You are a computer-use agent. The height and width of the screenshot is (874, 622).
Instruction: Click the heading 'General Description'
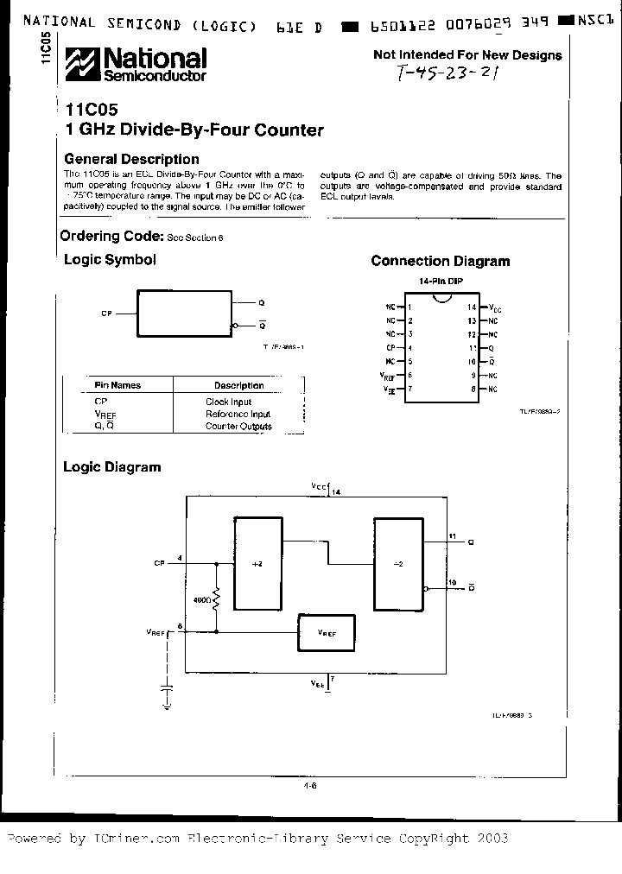[131, 159]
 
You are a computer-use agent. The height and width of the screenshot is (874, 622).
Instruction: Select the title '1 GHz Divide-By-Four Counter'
[194, 130]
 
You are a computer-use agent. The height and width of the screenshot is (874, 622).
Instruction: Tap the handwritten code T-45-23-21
[448, 73]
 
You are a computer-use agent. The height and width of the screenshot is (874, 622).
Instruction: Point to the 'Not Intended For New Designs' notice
[466, 54]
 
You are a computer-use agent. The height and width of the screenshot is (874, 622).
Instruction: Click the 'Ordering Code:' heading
[111, 236]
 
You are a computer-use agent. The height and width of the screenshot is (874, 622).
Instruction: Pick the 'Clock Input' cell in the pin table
[228, 402]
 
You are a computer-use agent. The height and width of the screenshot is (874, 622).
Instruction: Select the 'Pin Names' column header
[117, 385]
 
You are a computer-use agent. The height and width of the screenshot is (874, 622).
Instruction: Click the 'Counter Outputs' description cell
[238, 426]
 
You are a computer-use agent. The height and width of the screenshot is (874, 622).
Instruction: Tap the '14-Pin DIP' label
[439, 282]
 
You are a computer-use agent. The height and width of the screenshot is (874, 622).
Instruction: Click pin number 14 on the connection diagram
[472, 307]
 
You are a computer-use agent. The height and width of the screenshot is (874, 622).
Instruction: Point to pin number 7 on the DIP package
[409, 389]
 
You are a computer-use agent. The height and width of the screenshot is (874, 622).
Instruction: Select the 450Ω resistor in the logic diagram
[216, 598]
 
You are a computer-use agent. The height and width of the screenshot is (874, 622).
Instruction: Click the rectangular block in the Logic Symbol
[184, 313]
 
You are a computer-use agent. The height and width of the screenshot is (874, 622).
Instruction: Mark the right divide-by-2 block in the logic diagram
[397, 564]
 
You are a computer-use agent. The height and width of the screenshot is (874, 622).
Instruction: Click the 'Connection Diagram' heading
[440, 261]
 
